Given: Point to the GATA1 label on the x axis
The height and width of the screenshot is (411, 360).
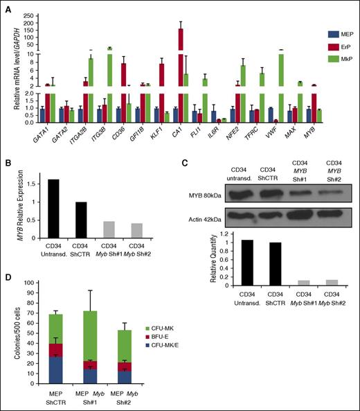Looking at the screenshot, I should [40, 131].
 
